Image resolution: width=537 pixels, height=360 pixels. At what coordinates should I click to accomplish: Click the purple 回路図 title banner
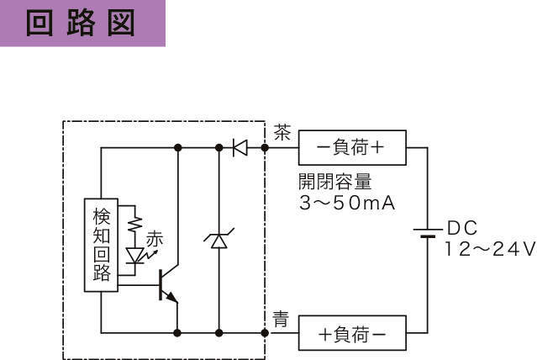click(82, 23)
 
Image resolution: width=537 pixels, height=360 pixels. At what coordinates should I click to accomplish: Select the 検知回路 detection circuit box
click(101, 245)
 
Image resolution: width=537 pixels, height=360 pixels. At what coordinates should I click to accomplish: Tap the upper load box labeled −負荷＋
click(352, 148)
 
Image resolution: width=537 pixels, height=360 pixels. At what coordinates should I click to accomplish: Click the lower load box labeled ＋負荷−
click(352, 333)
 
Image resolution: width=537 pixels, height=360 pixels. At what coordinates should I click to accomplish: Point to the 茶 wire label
click(282, 132)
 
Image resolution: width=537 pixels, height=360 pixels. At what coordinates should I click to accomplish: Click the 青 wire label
click(281, 319)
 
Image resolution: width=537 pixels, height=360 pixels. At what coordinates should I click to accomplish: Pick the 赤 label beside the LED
click(155, 239)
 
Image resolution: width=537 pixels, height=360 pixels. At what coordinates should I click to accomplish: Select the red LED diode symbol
click(135, 256)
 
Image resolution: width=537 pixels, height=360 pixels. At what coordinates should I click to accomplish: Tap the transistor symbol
click(169, 284)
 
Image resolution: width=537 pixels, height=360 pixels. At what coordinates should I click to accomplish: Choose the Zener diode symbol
click(219, 238)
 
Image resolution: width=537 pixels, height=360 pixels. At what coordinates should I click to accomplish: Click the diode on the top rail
click(240, 148)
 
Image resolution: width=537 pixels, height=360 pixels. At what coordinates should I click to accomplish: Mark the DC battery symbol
click(428, 233)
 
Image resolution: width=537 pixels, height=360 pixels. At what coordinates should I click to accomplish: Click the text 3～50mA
click(347, 203)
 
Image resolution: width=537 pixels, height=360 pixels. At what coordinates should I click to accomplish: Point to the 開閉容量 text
click(335, 182)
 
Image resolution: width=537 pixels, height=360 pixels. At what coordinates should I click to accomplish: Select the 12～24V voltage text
click(491, 249)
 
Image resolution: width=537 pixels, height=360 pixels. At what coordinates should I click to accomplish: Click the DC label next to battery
click(462, 228)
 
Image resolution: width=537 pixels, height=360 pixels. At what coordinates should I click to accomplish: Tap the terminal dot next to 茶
click(265, 148)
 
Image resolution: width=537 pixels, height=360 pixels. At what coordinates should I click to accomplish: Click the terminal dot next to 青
click(265, 333)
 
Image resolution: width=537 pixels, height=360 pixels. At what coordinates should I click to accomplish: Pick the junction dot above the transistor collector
click(178, 148)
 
